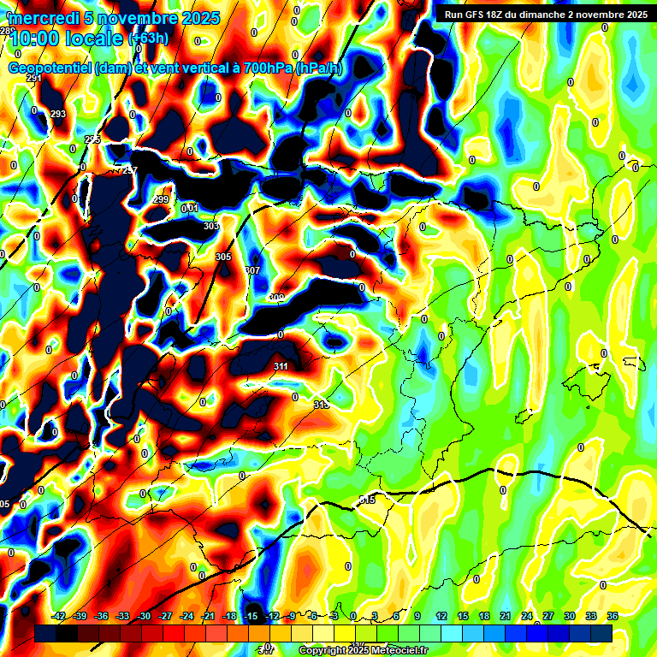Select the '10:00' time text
tap(35, 38)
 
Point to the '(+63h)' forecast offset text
tap(148, 38)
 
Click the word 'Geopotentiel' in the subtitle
tap(50, 68)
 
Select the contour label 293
tap(58, 114)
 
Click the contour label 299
tap(161, 199)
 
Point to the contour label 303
tap(211, 226)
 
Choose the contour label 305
tap(223, 257)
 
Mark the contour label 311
tap(281, 366)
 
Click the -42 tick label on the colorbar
tap(59, 616)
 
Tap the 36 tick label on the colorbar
tap(613, 616)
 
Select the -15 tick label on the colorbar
tap(252, 616)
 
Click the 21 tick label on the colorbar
tap(506, 616)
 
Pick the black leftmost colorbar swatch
tap(46, 634)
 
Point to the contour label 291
tap(34, 78)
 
